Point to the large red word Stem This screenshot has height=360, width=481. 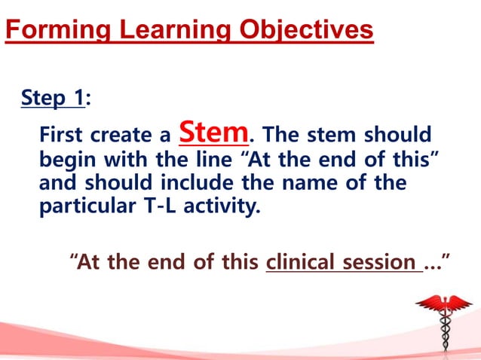coord(214,132)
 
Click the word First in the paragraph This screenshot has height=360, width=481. coord(63,137)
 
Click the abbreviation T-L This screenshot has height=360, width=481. coord(169,206)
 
